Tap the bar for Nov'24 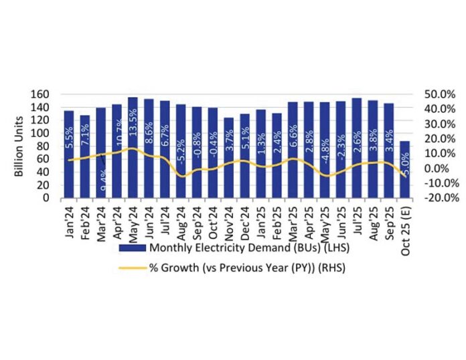click(x=229, y=158)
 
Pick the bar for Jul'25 click(x=356, y=148)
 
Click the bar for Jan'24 click(x=68, y=154)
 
